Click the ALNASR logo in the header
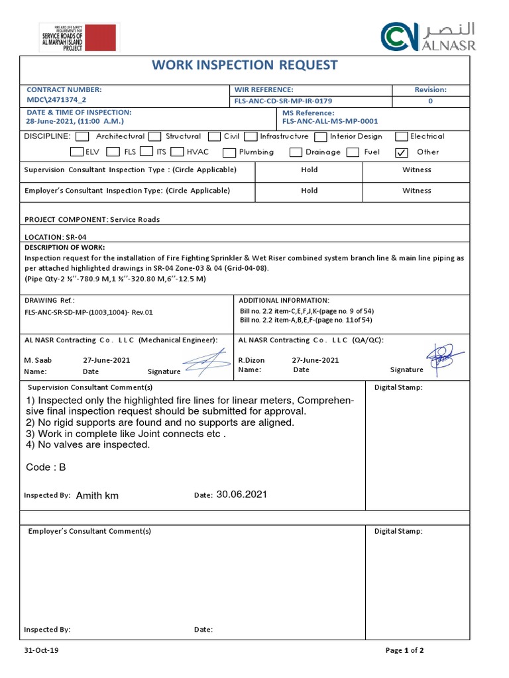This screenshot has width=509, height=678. coord(427,36)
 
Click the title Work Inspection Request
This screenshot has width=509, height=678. coord(245,65)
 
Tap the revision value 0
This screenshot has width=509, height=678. coord(430,101)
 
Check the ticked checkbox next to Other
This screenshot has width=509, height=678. coord(401,152)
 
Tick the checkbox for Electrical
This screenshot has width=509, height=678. coord(401,136)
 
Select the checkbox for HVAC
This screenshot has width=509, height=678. coord(177,152)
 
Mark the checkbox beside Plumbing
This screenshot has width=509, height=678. coord(229,152)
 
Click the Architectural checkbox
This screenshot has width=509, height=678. coord(82,136)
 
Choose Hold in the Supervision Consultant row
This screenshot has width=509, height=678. coord(309,170)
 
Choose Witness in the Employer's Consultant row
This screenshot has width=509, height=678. coord(416,191)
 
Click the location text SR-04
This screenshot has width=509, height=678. coord(75,237)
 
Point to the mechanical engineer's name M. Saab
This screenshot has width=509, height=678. coord(38,360)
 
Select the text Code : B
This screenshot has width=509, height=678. coord(46,467)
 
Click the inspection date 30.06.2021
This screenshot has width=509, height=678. coord(241,495)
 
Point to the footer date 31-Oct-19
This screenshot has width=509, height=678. coord(41,650)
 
